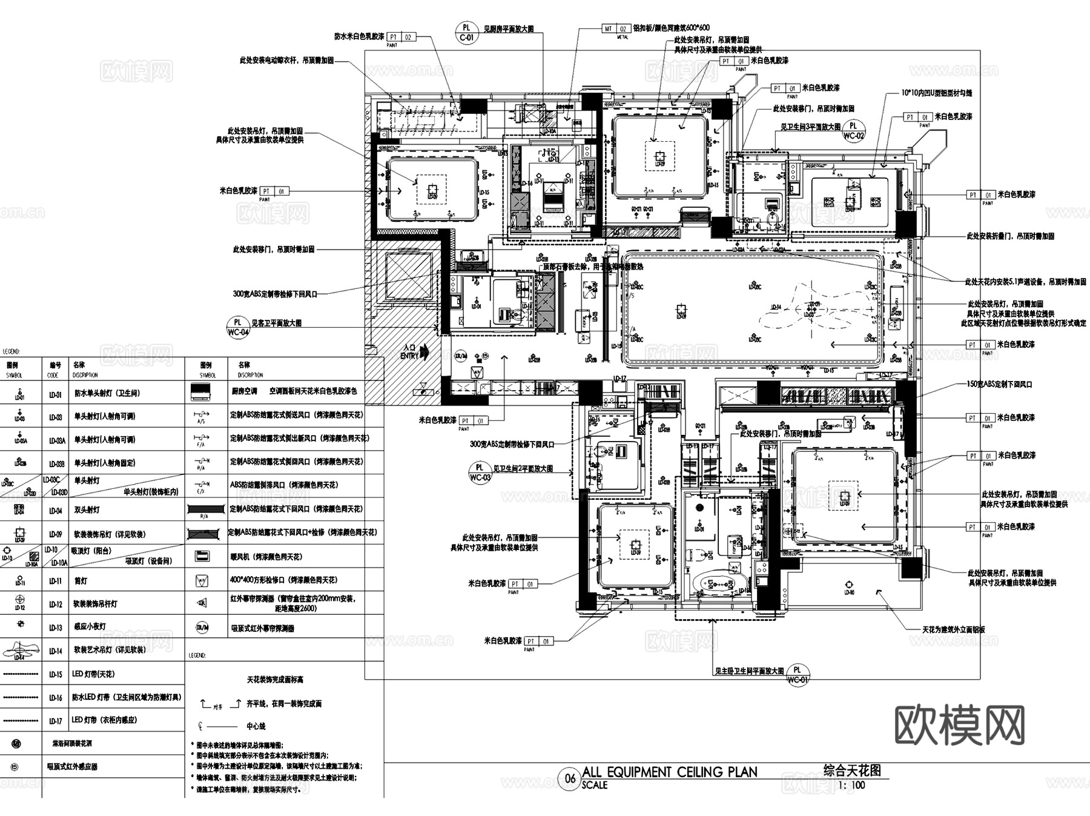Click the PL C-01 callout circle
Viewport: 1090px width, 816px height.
pyautogui.click(x=466, y=32)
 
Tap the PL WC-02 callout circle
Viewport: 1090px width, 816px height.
pyautogui.click(x=853, y=131)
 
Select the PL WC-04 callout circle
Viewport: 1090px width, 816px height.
pyautogui.click(x=238, y=327)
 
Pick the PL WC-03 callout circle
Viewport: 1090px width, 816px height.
pyautogui.click(x=480, y=472)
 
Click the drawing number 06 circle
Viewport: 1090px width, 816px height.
pyautogui.click(x=570, y=778)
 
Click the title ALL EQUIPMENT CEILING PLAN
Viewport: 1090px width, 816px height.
pyautogui.click(x=669, y=772)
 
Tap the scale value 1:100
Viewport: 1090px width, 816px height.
pyautogui.click(x=852, y=786)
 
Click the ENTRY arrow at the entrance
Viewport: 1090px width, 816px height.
pyautogui.click(x=423, y=351)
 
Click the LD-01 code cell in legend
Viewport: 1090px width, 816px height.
pyautogui.click(x=55, y=394)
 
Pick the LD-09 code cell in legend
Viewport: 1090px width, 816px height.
pyautogui.click(x=55, y=534)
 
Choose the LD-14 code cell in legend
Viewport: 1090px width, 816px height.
pyautogui.click(x=55, y=651)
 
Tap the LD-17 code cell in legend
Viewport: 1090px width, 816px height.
pyautogui.click(x=55, y=721)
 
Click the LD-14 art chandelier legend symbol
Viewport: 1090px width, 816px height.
pyautogui.click(x=19, y=650)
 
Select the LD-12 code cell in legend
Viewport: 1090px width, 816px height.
pyautogui.click(x=55, y=604)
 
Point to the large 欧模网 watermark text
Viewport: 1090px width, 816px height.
pyautogui.click(x=959, y=725)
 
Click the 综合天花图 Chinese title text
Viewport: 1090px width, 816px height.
pyautogui.click(x=852, y=771)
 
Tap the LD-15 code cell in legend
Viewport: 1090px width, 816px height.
pyautogui.click(x=55, y=674)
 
